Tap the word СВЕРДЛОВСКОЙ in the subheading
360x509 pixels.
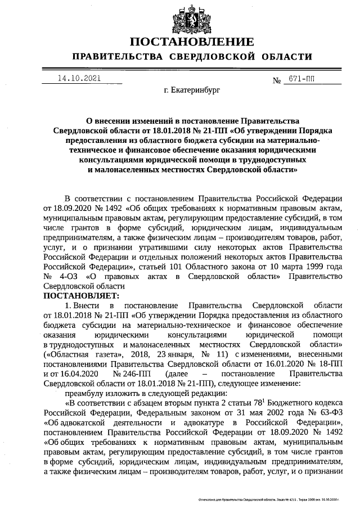[x=208, y=57]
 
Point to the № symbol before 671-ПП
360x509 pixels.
[x=277, y=80]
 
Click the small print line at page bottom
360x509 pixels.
[x=270, y=499]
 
